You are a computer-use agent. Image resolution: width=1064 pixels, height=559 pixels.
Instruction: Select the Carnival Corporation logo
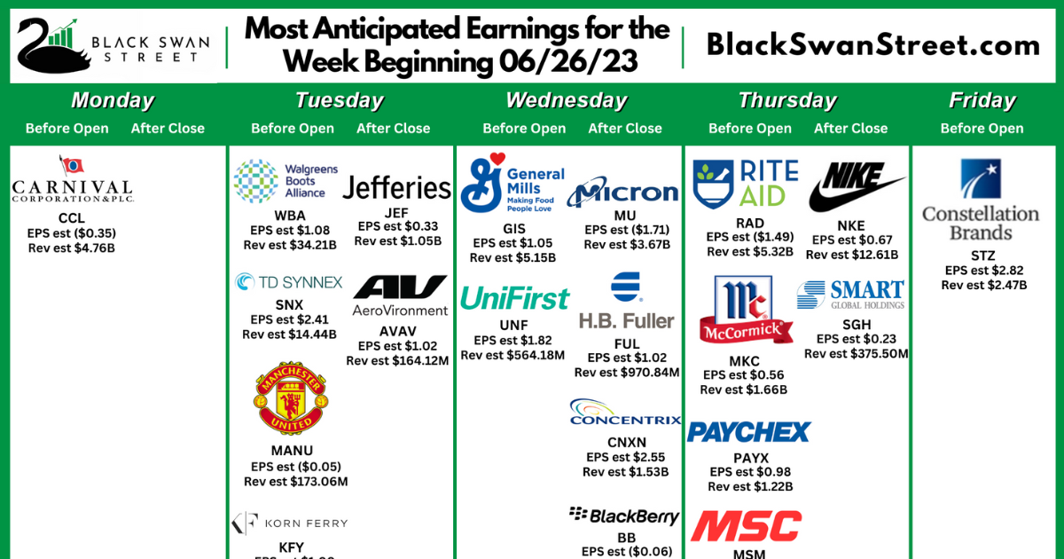(72, 181)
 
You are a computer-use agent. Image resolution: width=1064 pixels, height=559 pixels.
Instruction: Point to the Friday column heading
(982, 100)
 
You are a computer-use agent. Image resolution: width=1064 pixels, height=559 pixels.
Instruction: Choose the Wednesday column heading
(566, 100)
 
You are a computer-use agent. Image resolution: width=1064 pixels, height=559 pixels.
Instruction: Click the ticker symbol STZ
(983, 256)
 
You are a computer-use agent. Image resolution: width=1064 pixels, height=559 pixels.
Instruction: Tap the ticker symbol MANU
(292, 451)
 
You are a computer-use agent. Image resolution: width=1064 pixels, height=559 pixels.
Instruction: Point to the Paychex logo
(749, 432)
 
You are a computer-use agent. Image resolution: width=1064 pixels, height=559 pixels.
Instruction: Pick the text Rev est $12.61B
(852, 255)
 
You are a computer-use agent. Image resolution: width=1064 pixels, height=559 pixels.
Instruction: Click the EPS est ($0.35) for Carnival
(72, 233)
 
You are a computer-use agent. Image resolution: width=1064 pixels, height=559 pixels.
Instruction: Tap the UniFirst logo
(514, 299)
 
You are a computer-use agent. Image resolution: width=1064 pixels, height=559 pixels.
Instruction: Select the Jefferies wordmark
(396, 188)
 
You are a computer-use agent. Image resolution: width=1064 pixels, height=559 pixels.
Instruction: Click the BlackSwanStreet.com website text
(872, 46)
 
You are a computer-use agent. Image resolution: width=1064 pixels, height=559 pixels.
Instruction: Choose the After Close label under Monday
(168, 129)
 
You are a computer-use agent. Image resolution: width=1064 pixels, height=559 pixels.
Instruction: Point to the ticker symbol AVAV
(397, 331)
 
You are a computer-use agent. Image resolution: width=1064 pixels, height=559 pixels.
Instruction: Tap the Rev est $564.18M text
(513, 355)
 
